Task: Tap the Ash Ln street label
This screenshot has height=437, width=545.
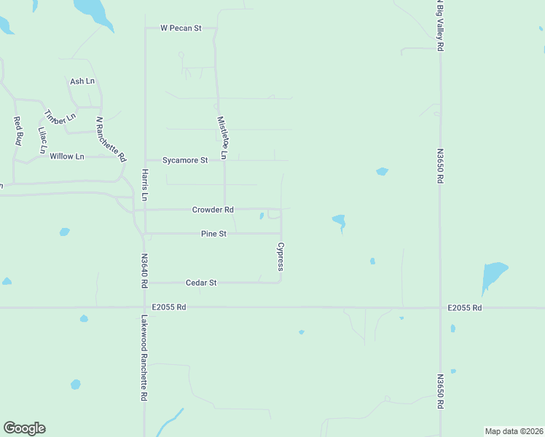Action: pos(82,82)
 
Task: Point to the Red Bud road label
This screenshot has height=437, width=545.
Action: pos(18,130)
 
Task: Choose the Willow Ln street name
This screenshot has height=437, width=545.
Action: pos(67,157)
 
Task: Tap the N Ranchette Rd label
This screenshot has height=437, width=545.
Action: pos(111,139)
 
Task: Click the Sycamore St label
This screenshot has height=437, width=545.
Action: pos(185,160)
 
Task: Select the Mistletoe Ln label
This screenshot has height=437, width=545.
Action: pos(222,138)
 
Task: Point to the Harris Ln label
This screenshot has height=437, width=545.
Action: pos(145,185)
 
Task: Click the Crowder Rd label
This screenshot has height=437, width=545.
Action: pos(213,210)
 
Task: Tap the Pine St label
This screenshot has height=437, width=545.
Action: pos(214,234)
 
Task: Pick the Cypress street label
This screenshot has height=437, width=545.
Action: pos(280,257)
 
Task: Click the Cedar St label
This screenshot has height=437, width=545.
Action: pos(201,283)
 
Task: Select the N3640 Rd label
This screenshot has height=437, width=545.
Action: pos(145,269)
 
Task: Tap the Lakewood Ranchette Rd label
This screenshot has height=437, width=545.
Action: pos(144,358)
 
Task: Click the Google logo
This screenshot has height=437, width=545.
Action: pos(24,428)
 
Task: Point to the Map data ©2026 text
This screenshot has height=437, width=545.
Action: pos(514,431)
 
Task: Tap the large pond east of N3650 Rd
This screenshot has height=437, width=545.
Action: pos(493,277)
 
